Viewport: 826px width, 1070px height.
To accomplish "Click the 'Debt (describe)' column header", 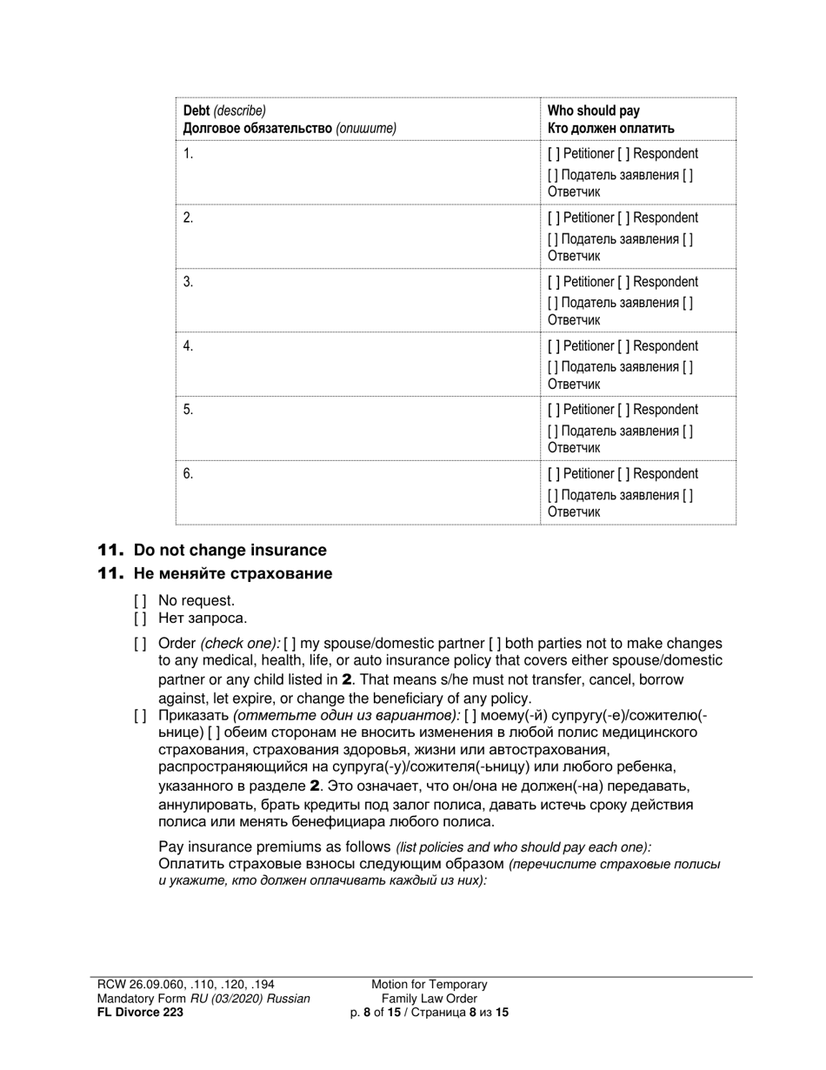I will [224, 110].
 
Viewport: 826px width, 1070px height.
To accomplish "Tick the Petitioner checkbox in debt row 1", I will [554, 154].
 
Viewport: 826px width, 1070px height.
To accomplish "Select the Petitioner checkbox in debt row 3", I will [554, 282].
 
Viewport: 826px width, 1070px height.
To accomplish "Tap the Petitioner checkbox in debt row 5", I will [554, 410].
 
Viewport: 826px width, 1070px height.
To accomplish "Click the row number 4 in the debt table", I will [188, 346].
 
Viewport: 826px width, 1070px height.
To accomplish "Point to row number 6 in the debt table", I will [188, 474].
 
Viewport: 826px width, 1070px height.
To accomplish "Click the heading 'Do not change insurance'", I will [230, 550].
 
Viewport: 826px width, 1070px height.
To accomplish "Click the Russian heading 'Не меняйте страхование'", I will [232, 573].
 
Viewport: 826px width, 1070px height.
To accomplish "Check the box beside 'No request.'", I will [140, 600].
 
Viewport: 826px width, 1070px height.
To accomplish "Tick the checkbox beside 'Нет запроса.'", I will [140, 619].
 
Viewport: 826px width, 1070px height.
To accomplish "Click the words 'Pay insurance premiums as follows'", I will [274, 846].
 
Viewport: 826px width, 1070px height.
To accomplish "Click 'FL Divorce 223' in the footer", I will [140, 1012].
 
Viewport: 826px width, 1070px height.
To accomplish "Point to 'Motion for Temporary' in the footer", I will [430, 984].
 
